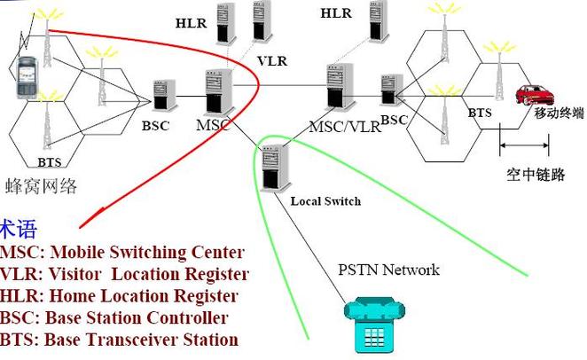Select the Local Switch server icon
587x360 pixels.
coord(277,167)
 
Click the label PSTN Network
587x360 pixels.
coord(388,270)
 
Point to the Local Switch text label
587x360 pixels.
coord(325,201)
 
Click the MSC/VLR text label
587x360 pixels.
coord(344,126)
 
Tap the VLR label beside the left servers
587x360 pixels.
coord(271,62)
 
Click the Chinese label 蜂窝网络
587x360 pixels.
coord(42,185)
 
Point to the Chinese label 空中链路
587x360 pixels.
coord(530,174)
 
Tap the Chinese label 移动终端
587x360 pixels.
coord(558,113)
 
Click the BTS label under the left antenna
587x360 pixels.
coord(50,162)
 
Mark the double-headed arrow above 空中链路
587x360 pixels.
coord(518,145)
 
